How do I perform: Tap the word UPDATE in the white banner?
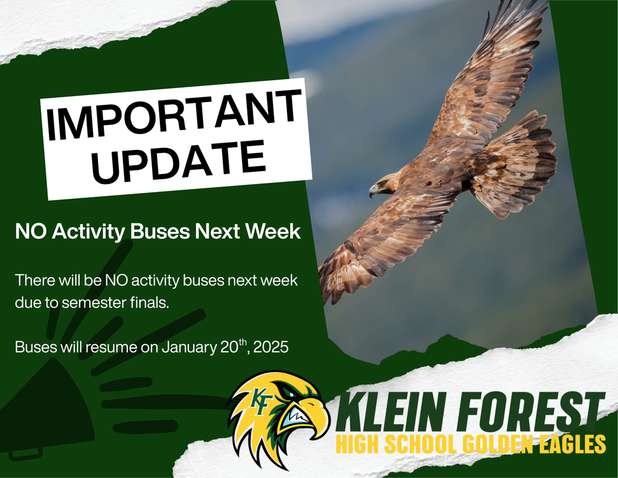(179, 160)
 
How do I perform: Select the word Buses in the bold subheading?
(167, 231)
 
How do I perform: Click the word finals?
(150, 303)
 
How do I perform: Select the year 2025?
(272, 348)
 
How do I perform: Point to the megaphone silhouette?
(42, 411)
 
